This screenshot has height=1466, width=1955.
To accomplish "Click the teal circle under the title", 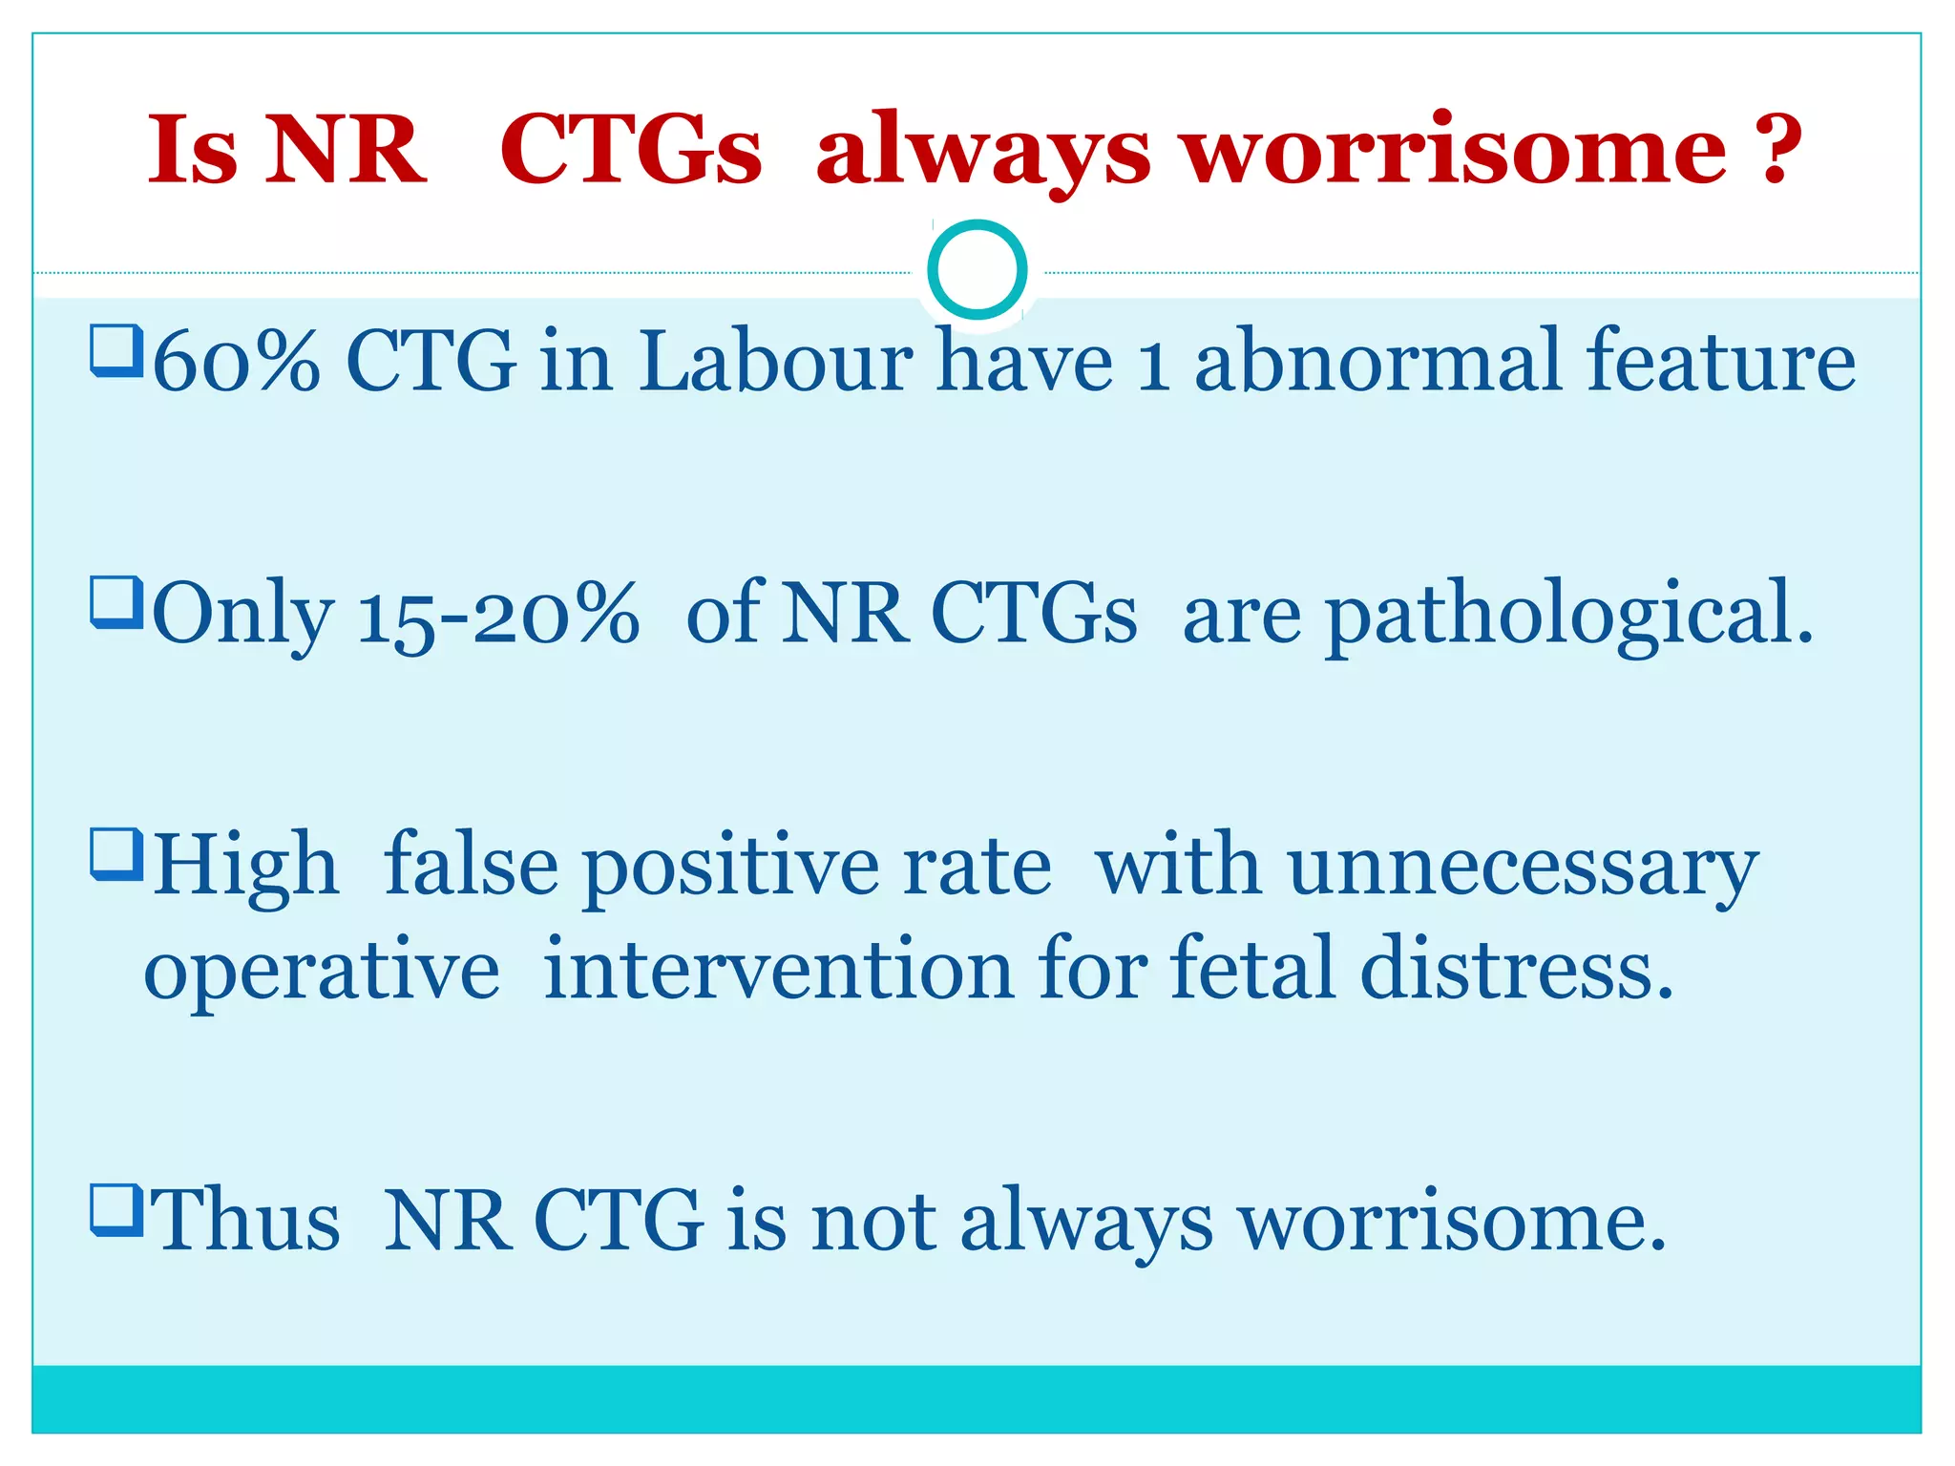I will [x=977, y=270].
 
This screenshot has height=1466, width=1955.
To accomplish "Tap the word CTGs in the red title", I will [x=631, y=150].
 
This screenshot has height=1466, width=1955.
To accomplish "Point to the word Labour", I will [x=775, y=363].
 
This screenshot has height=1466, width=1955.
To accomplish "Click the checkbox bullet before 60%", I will [x=116, y=350].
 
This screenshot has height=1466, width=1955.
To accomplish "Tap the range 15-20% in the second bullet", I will [x=497, y=616].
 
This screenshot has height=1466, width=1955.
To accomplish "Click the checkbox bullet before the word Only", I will [x=116, y=602].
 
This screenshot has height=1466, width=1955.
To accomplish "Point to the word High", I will [x=246, y=867].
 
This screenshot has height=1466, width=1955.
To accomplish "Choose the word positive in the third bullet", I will [x=730, y=867].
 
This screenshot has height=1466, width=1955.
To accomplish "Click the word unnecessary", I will [x=1522, y=867].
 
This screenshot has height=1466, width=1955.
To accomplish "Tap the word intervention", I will [x=778, y=970].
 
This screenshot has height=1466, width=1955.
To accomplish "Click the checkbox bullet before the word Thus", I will [x=116, y=1209].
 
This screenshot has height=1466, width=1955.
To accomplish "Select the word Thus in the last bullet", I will [x=245, y=1222].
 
